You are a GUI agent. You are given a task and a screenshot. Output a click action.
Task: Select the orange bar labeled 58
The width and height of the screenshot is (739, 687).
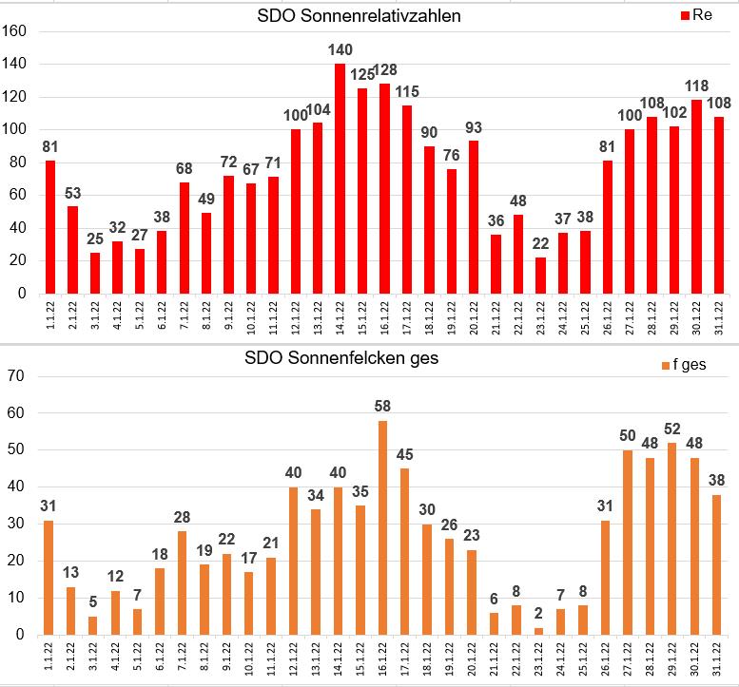pyautogui.click(x=382, y=528)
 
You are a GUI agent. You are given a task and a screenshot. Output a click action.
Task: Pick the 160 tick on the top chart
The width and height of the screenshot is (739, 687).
pyautogui.click(x=17, y=31)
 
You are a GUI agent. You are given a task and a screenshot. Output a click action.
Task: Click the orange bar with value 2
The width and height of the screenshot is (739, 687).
pyautogui.click(x=539, y=631)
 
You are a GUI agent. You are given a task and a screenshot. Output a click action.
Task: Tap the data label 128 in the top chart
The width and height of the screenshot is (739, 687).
pyautogui.click(x=383, y=69)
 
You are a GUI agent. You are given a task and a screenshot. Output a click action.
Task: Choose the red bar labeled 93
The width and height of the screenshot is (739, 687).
pyautogui.click(x=473, y=218)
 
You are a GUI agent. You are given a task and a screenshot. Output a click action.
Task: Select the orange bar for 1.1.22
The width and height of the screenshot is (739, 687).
pyautogui.click(x=49, y=578)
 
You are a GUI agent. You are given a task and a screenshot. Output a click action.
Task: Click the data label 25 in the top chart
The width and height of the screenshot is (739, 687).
pyautogui.click(x=96, y=239)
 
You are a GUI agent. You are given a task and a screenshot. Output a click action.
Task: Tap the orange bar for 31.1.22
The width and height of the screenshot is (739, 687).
pyautogui.click(x=717, y=564)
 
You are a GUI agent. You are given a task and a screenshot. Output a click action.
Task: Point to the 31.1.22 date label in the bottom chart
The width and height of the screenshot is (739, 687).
pyautogui.click(x=718, y=658)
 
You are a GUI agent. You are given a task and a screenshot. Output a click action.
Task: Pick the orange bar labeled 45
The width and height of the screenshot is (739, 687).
pyautogui.click(x=404, y=552)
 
